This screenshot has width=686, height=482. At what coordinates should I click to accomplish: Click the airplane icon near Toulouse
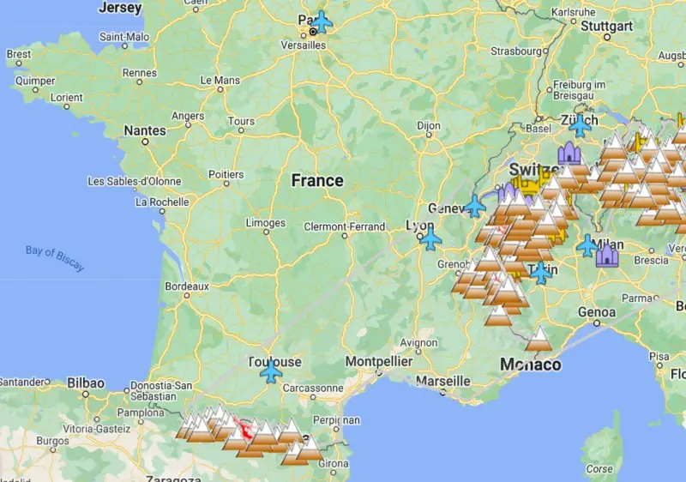(x=272, y=372)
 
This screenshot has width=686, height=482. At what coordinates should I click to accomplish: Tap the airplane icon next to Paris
(x=322, y=21)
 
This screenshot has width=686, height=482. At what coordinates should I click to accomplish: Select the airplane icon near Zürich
(x=581, y=125)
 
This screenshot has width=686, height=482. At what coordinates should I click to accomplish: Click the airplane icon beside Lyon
(x=430, y=238)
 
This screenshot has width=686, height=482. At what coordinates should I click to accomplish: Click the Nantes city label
(x=145, y=130)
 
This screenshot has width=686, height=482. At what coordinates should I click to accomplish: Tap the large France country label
(x=317, y=181)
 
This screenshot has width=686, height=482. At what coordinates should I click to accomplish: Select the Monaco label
(x=531, y=365)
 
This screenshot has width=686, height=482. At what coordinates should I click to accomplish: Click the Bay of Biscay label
(x=55, y=257)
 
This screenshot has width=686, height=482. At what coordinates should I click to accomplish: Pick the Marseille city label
(x=442, y=380)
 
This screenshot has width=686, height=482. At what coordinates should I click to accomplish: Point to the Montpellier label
(x=378, y=362)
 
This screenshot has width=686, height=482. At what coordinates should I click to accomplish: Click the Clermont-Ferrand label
(x=344, y=227)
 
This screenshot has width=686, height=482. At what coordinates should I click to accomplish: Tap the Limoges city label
(x=265, y=223)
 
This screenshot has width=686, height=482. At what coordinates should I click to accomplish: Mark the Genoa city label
(x=597, y=312)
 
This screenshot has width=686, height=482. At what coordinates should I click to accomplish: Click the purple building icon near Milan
(x=607, y=254)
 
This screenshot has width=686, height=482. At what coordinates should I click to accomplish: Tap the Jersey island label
(x=120, y=8)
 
